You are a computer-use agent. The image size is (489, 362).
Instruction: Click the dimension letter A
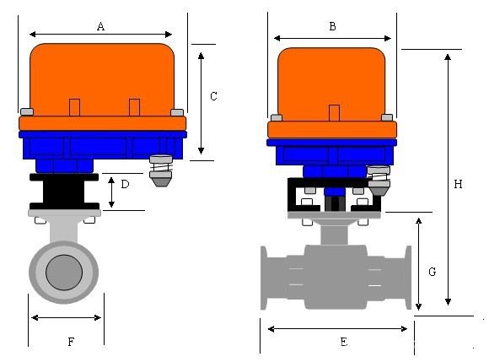(x=100, y=27)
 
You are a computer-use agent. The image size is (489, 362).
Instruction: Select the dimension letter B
(x=332, y=27)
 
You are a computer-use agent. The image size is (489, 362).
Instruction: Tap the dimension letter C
(x=213, y=97)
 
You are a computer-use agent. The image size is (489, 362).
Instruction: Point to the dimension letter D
(x=126, y=184)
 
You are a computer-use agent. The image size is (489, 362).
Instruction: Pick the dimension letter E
(x=343, y=342)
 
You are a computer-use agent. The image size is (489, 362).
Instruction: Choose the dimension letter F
(x=71, y=342)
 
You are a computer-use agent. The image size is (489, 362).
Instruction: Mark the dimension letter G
(x=432, y=272)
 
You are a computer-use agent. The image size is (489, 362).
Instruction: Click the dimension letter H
(x=458, y=184)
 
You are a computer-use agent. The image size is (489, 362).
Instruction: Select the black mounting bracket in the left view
(x=64, y=192)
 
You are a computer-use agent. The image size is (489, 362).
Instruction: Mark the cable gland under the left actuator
(x=160, y=172)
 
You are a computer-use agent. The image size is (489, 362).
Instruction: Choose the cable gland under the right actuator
(x=379, y=182)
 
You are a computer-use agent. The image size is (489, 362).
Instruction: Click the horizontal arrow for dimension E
(x=337, y=327)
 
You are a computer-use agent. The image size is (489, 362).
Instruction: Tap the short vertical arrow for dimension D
(x=112, y=192)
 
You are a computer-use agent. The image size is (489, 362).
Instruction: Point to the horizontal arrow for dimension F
(x=66, y=318)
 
